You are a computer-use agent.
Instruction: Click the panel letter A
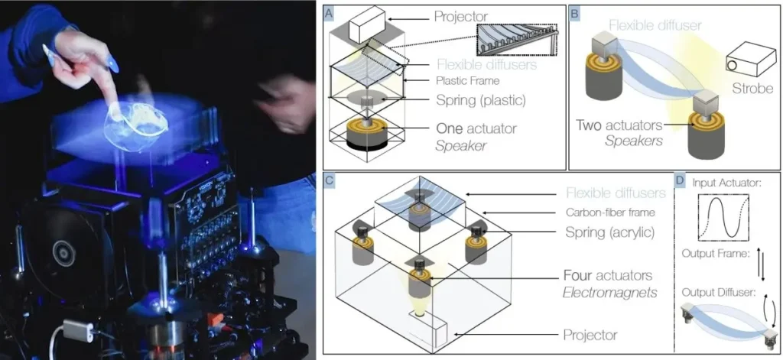pyautogui.click(x=330, y=13)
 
